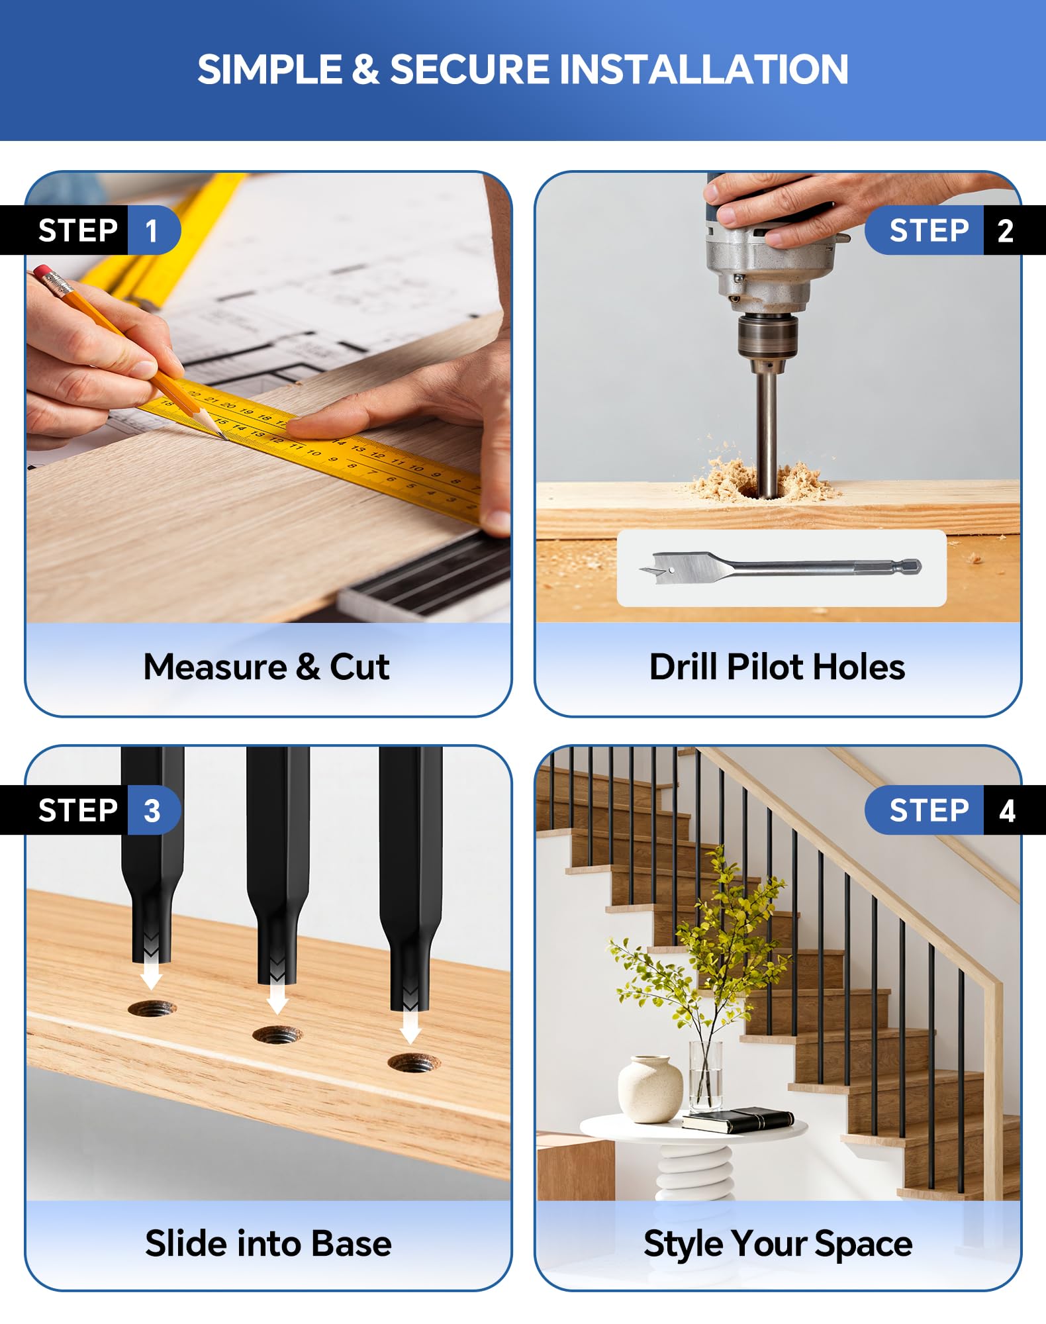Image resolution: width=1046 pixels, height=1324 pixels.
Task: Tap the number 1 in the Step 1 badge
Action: (x=152, y=231)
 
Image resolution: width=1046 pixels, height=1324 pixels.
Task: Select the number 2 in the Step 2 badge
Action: (x=1005, y=231)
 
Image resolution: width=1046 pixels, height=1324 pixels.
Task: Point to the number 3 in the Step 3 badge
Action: (x=152, y=811)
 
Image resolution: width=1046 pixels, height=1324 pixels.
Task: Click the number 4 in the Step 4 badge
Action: (x=1007, y=811)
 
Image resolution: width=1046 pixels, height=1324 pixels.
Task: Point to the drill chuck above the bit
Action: (x=767, y=338)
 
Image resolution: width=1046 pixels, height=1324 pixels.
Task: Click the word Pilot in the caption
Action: (x=765, y=667)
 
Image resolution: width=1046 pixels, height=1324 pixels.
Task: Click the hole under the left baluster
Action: (x=152, y=1010)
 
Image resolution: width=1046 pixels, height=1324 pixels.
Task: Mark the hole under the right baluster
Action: (x=414, y=1064)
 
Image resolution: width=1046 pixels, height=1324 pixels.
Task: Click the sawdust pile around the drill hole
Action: (x=761, y=478)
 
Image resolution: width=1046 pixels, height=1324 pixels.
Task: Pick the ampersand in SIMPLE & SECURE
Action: (x=365, y=70)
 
